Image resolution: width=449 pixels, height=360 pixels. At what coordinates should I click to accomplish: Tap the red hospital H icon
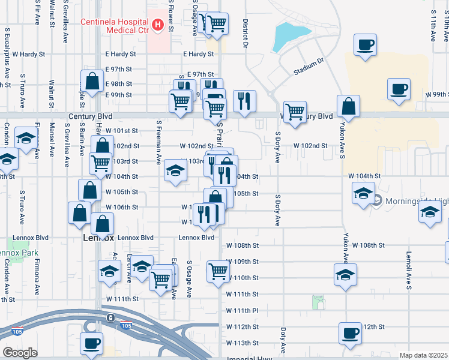157,25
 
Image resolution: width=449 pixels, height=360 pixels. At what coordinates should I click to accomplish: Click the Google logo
20,353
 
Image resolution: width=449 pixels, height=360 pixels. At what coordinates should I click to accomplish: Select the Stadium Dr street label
308,67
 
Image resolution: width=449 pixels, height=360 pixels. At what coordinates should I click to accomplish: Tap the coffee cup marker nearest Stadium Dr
365,44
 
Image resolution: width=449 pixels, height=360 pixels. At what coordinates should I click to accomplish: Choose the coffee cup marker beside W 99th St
399,89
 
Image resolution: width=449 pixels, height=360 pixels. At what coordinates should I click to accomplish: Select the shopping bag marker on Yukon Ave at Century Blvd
348,106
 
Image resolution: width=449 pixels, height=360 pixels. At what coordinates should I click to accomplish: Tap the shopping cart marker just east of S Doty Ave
295,112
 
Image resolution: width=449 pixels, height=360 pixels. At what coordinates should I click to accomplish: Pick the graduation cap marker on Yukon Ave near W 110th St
345,275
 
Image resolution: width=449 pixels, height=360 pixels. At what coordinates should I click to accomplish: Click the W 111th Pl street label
242,310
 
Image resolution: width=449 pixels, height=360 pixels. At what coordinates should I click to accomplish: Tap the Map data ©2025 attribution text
423,355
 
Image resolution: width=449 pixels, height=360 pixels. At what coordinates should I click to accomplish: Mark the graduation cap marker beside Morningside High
363,194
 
